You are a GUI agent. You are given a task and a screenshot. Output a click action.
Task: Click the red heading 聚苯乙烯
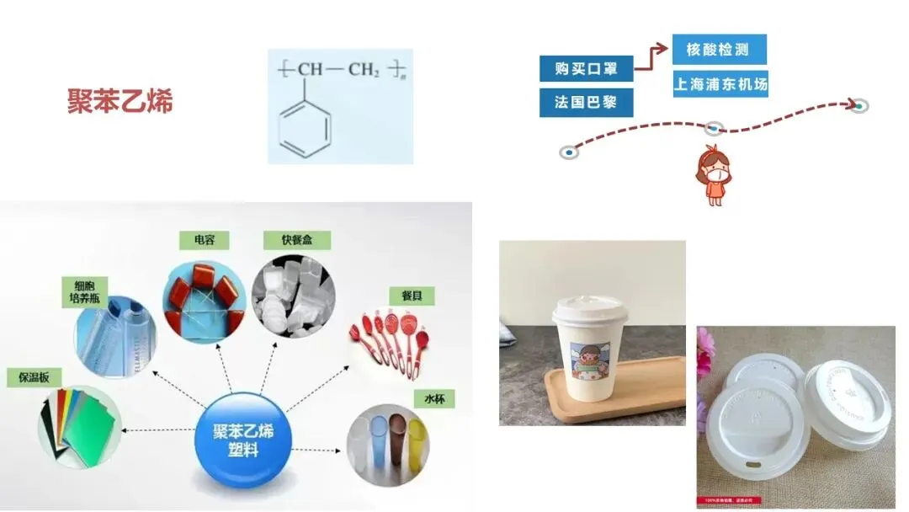point(120,102)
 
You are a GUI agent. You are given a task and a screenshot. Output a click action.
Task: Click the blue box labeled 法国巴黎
point(586,103)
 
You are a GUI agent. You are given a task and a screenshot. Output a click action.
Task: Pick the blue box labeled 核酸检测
point(719,50)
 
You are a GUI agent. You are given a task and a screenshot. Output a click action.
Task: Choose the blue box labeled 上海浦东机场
point(720,84)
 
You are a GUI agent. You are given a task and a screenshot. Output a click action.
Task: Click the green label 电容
point(205,240)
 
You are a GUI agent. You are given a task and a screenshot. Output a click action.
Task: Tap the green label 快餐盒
point(296,240)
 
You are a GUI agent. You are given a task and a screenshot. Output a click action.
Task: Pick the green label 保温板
point(29,377)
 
